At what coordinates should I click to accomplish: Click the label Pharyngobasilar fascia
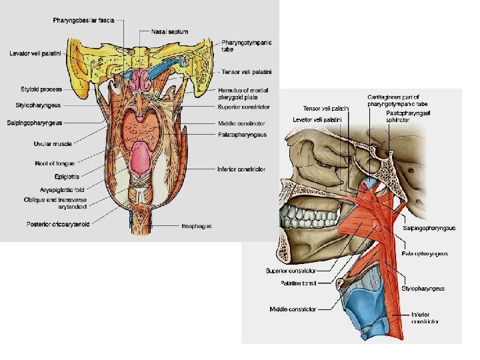pos(87,21)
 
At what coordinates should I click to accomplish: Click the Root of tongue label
pos(55,163)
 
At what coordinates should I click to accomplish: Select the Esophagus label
pos(197,226)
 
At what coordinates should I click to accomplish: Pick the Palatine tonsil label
pos(300,283)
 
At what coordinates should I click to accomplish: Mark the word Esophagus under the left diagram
pos(197,226)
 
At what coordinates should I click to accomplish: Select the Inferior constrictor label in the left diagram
pos(241,169)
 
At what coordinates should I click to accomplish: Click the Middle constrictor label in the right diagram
pos(292,309)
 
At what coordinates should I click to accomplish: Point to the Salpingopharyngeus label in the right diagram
pos(429,228)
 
